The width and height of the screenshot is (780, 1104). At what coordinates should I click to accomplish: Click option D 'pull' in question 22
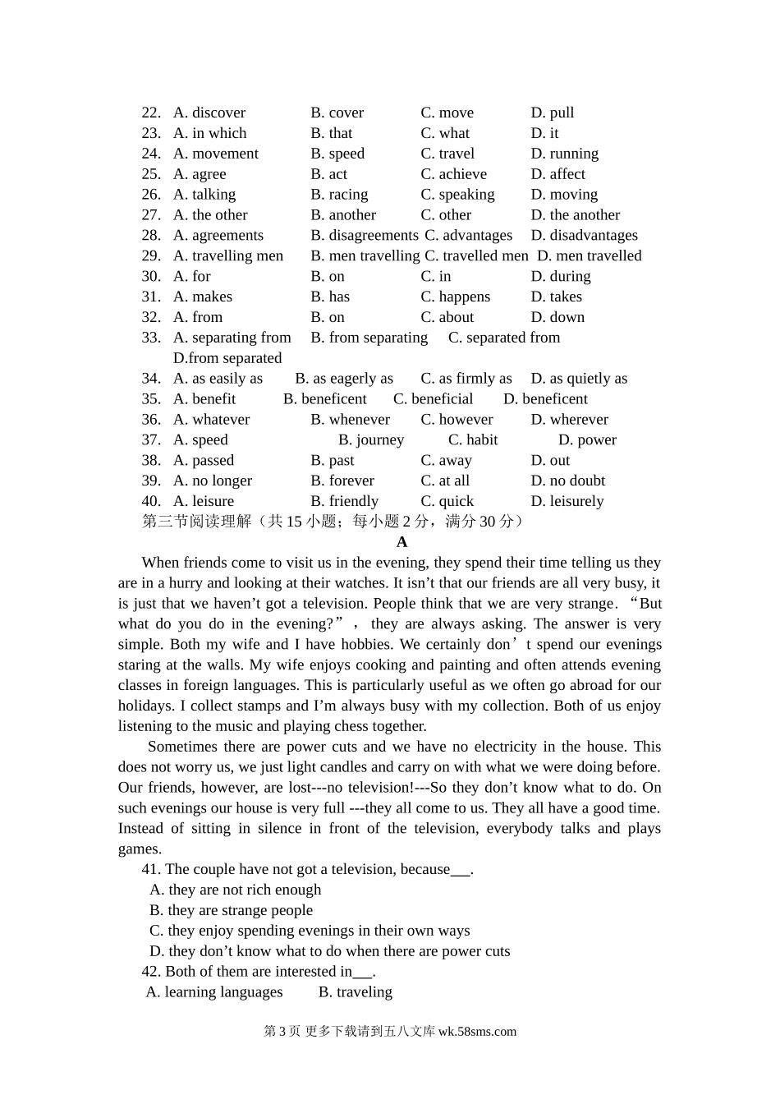pyautogui.click(x=552, y=113)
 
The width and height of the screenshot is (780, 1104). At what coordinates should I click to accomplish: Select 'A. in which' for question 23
pyautogui.click(x=209, y=133)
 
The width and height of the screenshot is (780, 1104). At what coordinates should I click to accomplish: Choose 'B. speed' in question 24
pyautogui.click(x=337, y=154)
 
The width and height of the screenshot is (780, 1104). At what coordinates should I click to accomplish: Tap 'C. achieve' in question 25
pyautogui.click(x=453, y=174)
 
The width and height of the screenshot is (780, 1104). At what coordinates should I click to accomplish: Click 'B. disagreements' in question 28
pyautogui.click(x=365, y=236)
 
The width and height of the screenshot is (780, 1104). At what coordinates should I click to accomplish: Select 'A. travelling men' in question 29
pyautogui.click(x=227, y=256)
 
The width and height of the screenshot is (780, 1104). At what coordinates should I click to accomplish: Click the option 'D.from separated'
pyautogui.click(x=227, y=358)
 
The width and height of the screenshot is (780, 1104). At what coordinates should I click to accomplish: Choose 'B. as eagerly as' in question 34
pyautogui.click(x=344, y=379)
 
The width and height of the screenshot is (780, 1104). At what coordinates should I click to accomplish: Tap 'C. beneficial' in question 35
pyautogui.click(x=433, y=399)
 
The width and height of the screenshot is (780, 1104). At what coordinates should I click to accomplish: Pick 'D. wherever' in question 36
pyautogui.click(x=569, y=420)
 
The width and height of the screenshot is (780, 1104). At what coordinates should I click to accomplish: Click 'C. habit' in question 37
pyautogui.click(x=473, y=440)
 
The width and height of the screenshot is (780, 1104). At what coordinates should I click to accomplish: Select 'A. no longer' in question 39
pyautogui.click(x=213, y=481)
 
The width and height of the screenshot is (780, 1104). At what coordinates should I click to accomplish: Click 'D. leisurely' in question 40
pyautogui.click(x=567, y=501)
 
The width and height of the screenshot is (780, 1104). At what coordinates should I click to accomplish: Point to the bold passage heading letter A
pyautogui.click(x=401, y=542)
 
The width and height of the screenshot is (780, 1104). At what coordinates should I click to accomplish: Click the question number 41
pyautogui.click(x=151, y=869)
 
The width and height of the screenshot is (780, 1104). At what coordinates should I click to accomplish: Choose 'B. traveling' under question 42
pyautogui.click(x=356, y=992)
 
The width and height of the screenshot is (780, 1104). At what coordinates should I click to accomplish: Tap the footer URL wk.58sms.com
pyautogui.click(x=477, y=1032)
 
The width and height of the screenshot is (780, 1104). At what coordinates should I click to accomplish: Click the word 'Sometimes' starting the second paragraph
pyautogui.click(x=181, y=747)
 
